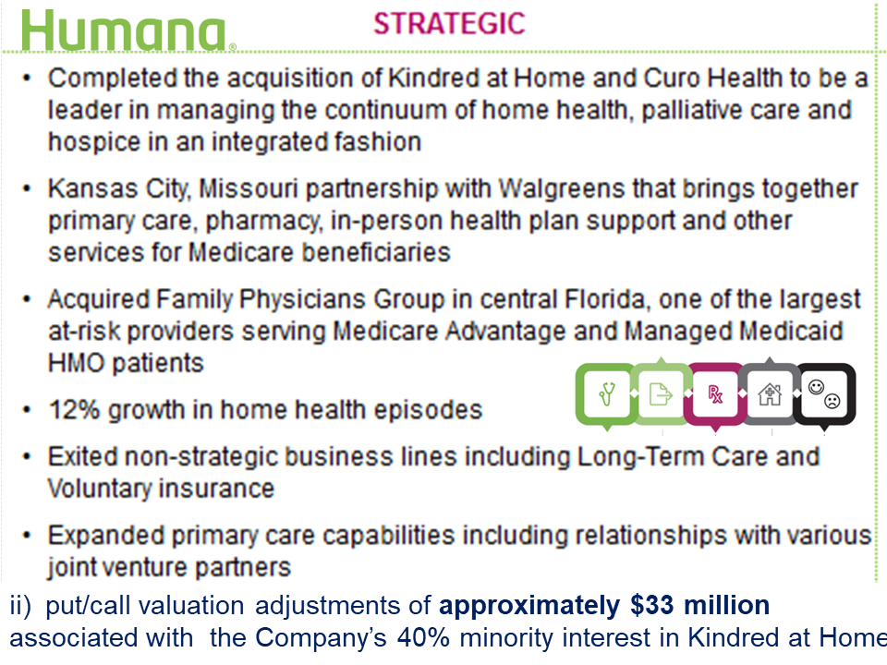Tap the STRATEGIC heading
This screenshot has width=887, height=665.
pyautogui.click(x=449, y=23)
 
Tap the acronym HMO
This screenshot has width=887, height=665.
pyautogui.click(x=76, y=363)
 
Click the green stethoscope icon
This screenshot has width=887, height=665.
pyautogui.click(x=606, y=395)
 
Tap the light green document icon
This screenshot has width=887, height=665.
pyautogui.click(x=660, y=395)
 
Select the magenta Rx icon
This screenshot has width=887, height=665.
pyautogui.click(x=714, y=395)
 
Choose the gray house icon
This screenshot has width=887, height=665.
pyautogui.click(x=769, y=395)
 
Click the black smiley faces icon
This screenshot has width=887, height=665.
pyautogui.click(x=824, y=393)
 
